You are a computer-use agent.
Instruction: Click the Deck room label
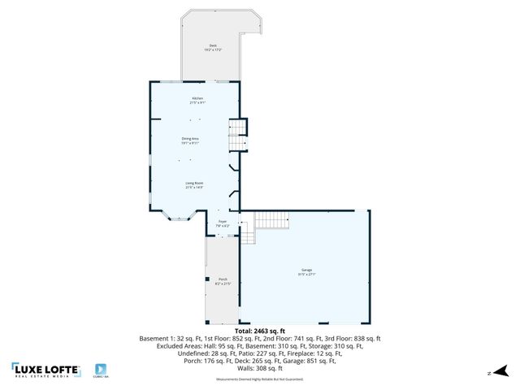tap(213, 45)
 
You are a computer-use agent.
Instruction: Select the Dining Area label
tap(190, 139)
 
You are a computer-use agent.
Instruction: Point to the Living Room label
tap(194, 184)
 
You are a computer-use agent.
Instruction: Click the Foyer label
tap(223, 221)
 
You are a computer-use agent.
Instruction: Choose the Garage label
tap(307, 270)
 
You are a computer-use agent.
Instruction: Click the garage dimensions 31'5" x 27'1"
tap(307, 274)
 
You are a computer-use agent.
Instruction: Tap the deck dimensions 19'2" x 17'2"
tap(213, 50)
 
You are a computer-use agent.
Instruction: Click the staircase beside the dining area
tap(236, 134)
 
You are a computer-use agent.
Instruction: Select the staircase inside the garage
tap(271, 220)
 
